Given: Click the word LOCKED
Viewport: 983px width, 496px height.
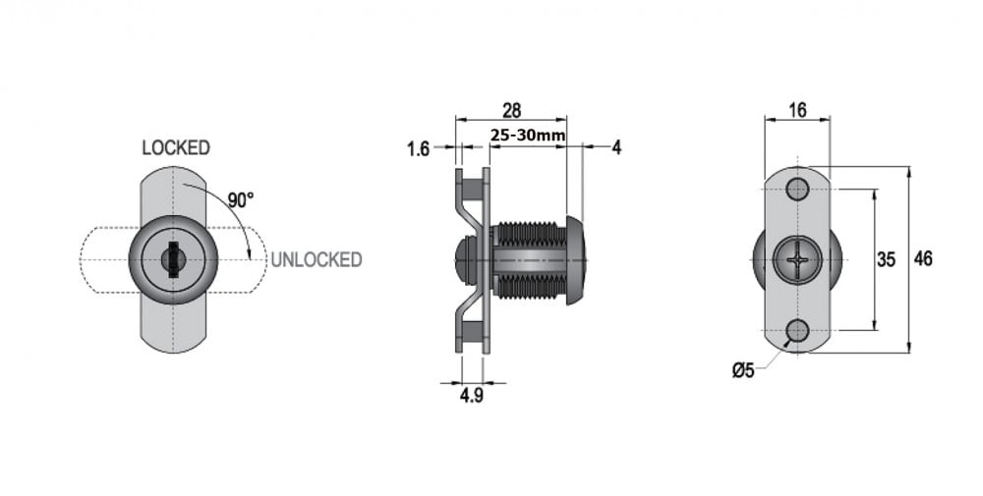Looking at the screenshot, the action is (176, 147).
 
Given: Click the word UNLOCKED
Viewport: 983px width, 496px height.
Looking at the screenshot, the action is (317, 259).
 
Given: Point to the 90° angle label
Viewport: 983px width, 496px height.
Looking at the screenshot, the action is (241, 200).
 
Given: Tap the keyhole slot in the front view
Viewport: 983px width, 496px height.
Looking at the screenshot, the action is (172, 259).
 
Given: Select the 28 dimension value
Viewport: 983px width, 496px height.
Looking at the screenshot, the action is (511, 111).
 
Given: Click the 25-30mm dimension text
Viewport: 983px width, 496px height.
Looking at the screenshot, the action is (528, 136).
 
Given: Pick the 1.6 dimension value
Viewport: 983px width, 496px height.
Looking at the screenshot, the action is (418, 149).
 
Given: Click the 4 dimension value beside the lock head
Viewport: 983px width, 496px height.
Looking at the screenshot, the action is (616, 147).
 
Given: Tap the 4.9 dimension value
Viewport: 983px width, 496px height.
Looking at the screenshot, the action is (472, 396).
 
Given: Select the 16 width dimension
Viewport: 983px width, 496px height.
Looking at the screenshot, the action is (797, 111).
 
